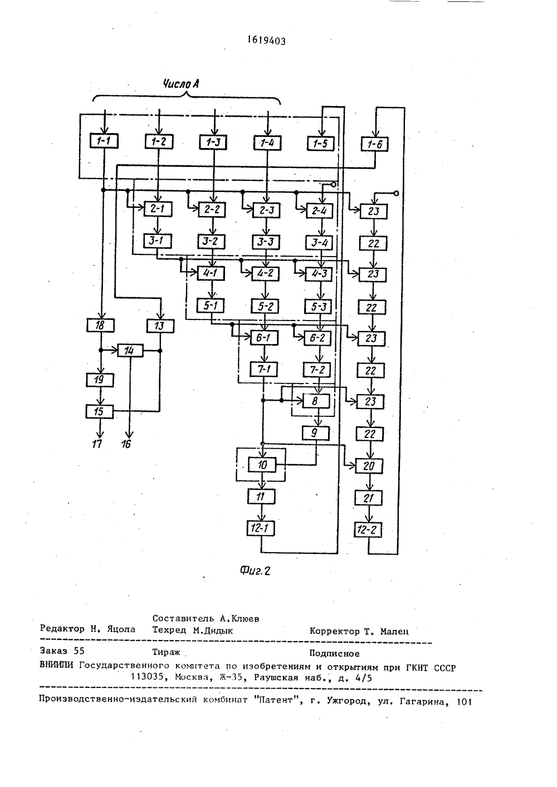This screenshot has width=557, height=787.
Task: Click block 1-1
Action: tap(104, 141)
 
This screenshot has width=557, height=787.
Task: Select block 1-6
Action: tap(375, 144)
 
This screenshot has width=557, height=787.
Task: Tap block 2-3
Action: tap(267, 210)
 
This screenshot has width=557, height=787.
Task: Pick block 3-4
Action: tap(319, 243)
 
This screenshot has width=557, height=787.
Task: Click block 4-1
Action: tap(211, 273)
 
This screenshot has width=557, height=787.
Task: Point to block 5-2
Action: tap(265, 306)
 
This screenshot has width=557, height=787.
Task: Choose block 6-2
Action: tap(317, 338)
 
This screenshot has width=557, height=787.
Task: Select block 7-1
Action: tap(263, 369)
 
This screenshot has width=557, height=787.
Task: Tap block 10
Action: tap(262, 465)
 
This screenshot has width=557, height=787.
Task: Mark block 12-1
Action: tap(261, 528)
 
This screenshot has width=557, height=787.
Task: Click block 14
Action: tap(130, 351)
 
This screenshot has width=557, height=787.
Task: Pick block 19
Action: tap(100, 380)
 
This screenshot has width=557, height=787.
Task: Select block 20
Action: tap(369, 466)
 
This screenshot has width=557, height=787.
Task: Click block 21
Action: tap(368, 498)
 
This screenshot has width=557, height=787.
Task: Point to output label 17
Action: tap(97, 444)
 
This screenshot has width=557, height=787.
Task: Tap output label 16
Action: tap(126, 444)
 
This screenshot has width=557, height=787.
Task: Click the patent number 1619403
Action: tap(267, 41)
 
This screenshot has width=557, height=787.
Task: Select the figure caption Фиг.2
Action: tap(255, 571)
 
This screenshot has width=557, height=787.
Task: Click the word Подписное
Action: tap(334, 653)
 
